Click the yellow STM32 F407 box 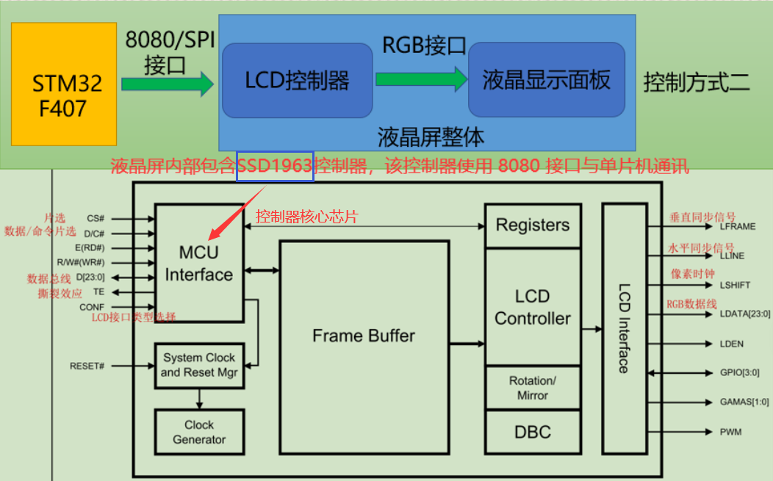(x=64, y=84)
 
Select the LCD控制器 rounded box (x=298, y=80)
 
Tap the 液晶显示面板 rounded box (x=547, y=79)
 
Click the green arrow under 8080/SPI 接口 (x=168, y=84)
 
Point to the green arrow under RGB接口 (x=422, y=79)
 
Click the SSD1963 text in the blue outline (x=275, y=166)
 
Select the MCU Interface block (x=199, y=263)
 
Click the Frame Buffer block (x=364, y=347)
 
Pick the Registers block (x=533, y=225)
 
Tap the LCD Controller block (x=533, y=307)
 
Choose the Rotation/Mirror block (x=533, y=388)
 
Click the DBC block (x=533, y=433)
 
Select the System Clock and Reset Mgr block (x=199, y=366)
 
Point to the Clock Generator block (x=199, y=432)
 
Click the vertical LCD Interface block (x=625, y=328)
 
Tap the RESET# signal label (x=87, y=366)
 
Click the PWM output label (x=730, y=433)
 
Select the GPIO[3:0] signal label (x=739, y=372)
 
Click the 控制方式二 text (x=697, y=82)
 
